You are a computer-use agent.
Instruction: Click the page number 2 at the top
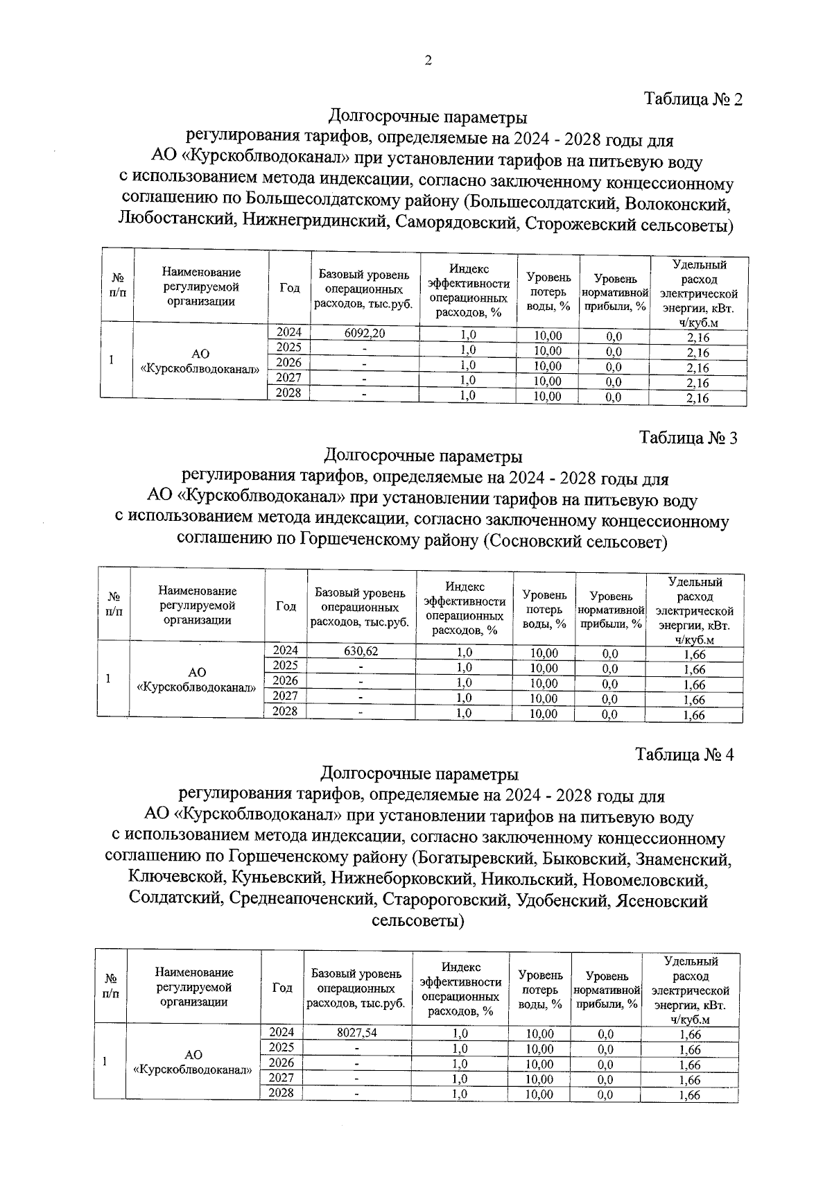point(428,61)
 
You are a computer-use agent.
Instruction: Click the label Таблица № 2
point(693,98)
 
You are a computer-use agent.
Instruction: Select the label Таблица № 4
point(684,755)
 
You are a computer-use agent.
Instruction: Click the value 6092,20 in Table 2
point(365,333)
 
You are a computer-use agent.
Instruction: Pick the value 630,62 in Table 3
point(361,651)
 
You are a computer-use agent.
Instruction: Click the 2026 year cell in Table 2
point(288,363)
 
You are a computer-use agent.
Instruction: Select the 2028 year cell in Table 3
point(285,711)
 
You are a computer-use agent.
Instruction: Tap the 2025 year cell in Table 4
point(281,1047)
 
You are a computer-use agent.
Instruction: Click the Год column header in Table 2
point(289,288)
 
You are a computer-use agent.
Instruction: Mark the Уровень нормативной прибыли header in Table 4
point(606,990)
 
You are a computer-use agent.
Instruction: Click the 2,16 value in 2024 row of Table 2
point(697,337)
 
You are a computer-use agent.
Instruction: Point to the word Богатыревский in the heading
point(475,859)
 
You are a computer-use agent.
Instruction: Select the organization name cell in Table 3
point(197,680)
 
